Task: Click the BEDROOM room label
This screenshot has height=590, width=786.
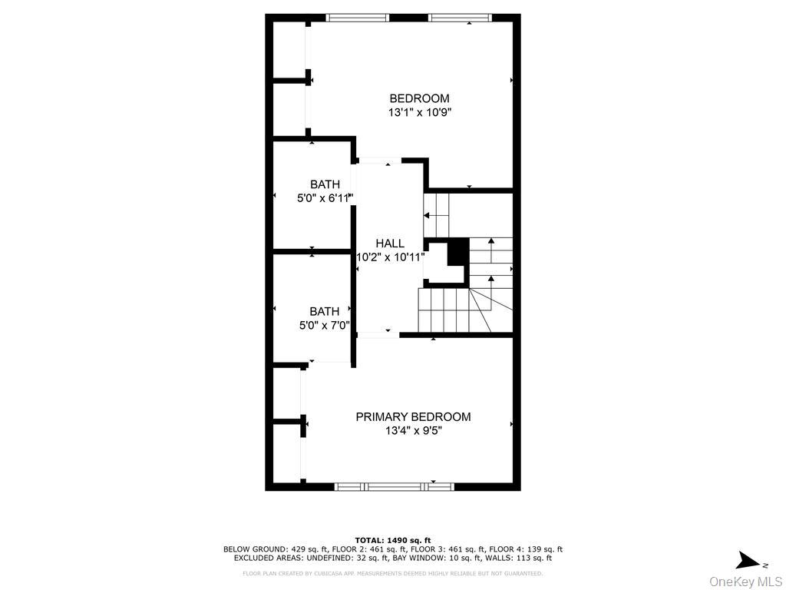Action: click(x=419, y=98)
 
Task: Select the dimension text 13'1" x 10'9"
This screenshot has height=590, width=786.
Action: click(x=419, y=112)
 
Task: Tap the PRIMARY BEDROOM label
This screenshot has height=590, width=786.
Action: click(x=413, y=416)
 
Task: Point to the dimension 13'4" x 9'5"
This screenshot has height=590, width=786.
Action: click(x=413, y=431)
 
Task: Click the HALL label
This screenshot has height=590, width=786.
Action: click(x=390, y=244)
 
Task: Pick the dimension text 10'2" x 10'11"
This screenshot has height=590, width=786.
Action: click(x=390, y=257)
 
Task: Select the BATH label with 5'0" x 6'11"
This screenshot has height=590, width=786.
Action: click(x=325, y=184)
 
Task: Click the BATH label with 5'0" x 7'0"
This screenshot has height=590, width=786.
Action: click(x=324, y=311)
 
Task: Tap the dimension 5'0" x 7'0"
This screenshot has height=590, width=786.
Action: click(x=324, y=325)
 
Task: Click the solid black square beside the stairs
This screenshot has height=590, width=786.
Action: click(x=457, y=250)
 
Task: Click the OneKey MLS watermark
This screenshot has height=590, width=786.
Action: click(x=745, y=581)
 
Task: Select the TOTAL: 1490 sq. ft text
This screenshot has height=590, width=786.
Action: click(x=393, y=540)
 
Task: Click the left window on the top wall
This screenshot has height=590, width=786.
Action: click(x=357, y=18)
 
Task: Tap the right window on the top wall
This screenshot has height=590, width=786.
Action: click(x=459, y=18)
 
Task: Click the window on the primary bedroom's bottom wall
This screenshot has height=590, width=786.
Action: click(x=395, y=486)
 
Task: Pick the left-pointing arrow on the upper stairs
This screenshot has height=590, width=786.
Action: click(x=428, y=216)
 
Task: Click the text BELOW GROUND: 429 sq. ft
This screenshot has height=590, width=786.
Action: click(x=275, y=549)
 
